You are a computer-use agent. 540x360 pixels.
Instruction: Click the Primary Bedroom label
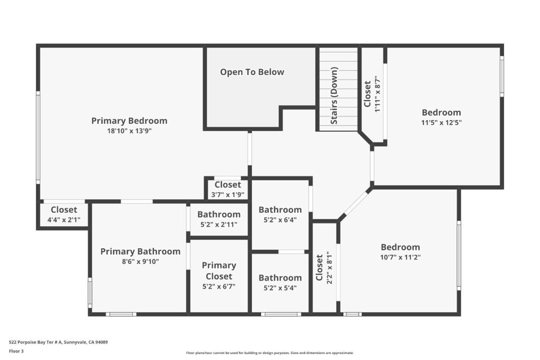tap(129, 121)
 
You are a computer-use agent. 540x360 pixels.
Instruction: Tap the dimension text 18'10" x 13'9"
tap(129, 131)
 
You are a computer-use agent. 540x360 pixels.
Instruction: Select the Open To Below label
tap(252, 72)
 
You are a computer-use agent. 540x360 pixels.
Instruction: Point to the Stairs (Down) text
tap(334, 95)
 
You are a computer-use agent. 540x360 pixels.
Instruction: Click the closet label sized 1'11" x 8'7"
tap(368, 94)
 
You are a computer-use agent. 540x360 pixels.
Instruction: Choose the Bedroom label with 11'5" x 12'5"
tap(441, 113)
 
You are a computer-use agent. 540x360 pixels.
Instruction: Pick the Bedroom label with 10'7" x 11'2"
tap(400, 247)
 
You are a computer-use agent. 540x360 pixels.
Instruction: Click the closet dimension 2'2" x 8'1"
tap(330, 267)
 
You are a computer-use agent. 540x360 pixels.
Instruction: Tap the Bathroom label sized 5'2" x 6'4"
tap(280, 210)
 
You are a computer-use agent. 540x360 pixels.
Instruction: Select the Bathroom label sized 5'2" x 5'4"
tap(280, 278)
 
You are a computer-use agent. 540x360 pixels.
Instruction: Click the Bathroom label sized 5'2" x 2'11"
tap(219, 215)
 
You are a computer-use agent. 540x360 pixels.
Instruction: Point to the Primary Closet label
tap(219, 271)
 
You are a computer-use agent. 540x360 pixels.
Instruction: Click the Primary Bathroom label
tap(140, 251)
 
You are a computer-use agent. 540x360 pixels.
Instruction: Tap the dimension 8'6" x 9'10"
tap(140, 261)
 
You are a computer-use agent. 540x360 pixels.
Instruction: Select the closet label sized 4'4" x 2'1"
tap(64, 210)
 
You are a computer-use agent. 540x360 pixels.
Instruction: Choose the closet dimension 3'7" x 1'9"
tap(228, 195)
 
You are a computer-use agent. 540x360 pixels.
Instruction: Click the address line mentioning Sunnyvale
tap(58, 342)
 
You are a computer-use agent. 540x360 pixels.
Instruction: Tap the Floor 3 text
tap(16, 351)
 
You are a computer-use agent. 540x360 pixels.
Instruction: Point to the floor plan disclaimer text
tap(269, 353)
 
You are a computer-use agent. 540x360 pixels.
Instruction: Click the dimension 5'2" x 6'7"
tap(219, 286)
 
